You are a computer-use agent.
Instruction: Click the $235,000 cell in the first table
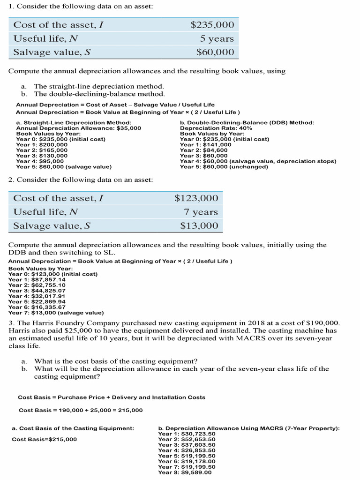tap(212, 25)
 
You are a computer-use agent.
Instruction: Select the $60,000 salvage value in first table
tap(215, 52)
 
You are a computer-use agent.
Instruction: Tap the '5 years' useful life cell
tap(217, 38)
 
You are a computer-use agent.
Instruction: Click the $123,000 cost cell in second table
tap(196, 198)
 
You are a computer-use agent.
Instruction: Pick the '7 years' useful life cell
tap(201, 212)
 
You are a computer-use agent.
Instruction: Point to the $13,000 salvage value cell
tap(199, 226)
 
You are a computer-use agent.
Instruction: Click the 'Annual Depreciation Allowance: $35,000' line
tap(78, 128)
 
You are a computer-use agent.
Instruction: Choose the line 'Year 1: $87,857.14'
tap(37, 279)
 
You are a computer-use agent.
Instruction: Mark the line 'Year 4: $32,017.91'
tap(37, 296)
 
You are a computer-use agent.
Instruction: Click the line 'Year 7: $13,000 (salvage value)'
tap(56, 313)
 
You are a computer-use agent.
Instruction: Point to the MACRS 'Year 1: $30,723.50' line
tap(187, 434)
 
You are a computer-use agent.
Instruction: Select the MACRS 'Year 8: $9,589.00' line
tap(185, 472)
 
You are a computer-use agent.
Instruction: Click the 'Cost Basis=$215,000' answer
tap(44, 439)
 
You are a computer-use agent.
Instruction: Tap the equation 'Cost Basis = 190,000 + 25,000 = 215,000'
tap(81, 410)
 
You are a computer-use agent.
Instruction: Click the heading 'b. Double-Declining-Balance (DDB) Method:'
tap(247, 122)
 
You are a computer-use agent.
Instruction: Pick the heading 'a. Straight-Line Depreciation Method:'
tap(74, 122)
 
